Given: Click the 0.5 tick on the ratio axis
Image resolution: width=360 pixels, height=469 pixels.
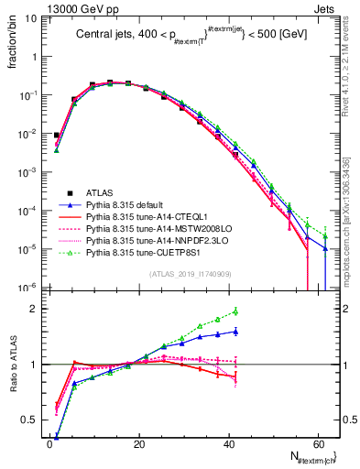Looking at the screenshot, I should tap(31, 420).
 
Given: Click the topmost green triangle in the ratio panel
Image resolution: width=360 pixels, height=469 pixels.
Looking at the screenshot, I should tap(235, 311).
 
